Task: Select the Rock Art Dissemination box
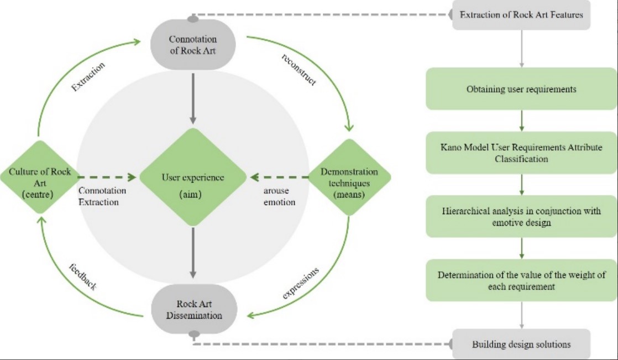click(x=193, y=310)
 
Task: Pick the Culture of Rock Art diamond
click(x=40, y=178)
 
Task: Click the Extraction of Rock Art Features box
click(x=521, y=15)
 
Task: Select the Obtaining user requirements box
click(x=521, y=89)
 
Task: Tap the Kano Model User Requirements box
click(x=521, y=152)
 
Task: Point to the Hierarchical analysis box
click(x=521, y=217)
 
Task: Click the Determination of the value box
click(x=521, y=281)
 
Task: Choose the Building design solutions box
click(x=521, y=345)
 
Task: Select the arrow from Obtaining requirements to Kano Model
click(x=521, y=121)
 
